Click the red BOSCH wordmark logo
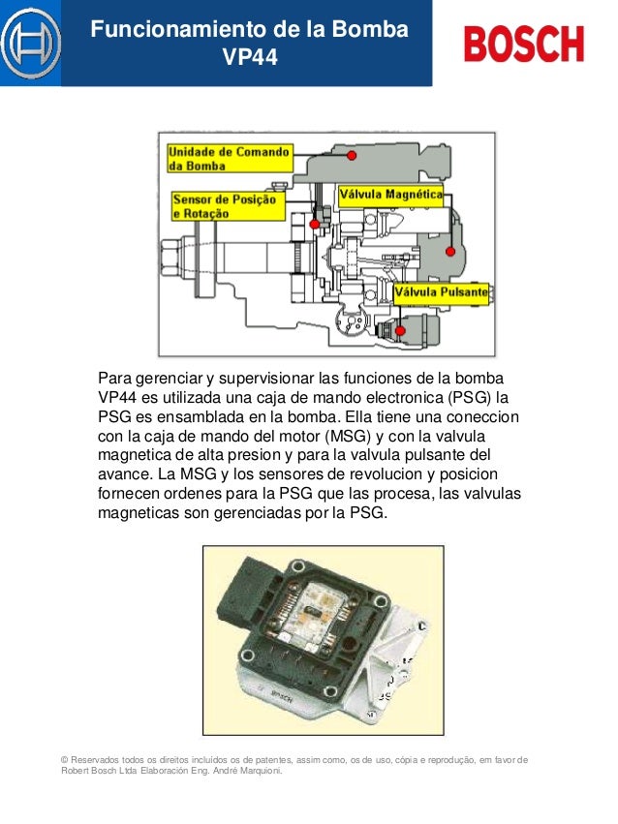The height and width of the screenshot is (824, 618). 524,45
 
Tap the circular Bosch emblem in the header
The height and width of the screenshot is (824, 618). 30,44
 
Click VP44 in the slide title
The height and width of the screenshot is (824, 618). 250,58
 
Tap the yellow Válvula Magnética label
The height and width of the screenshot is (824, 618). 389,195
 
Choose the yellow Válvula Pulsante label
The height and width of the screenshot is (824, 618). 440,290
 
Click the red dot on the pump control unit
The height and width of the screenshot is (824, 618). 352,156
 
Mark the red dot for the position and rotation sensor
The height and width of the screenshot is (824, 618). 314,225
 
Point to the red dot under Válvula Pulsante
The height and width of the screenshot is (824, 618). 400,330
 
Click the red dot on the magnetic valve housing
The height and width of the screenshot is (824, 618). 449,252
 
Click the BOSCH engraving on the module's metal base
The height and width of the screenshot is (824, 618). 281,694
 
